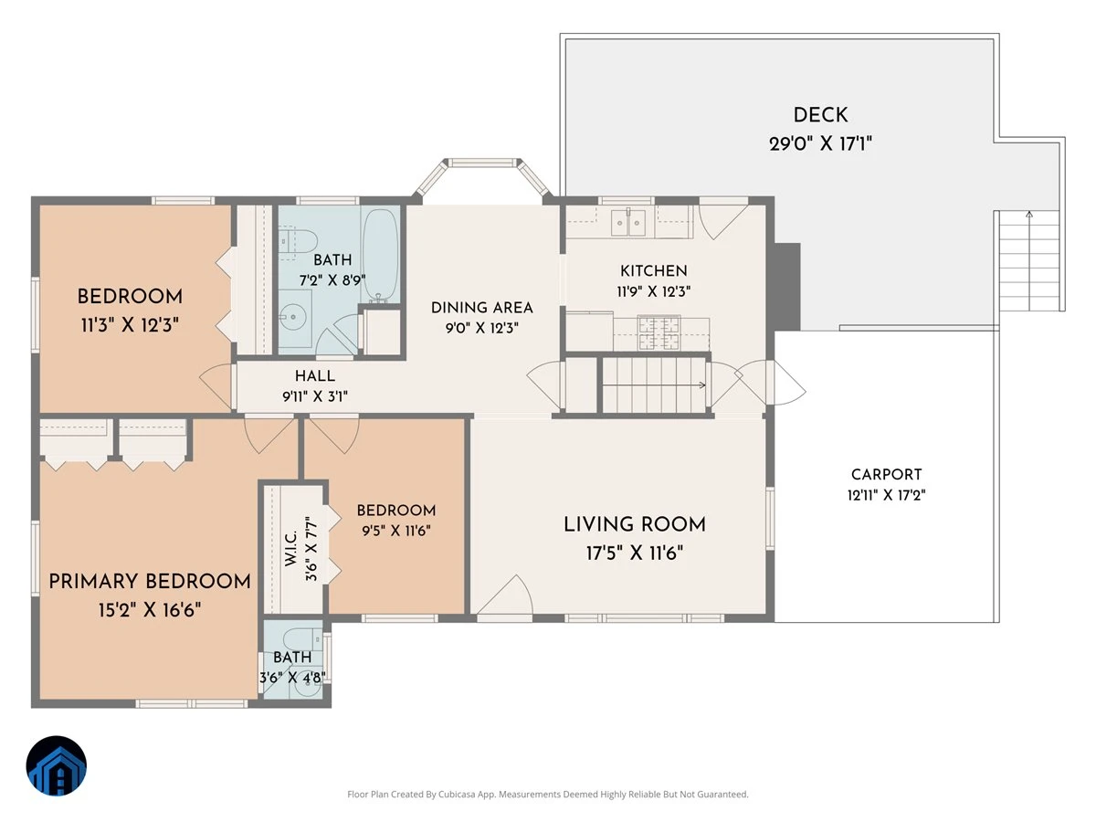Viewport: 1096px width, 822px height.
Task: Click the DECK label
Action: (820, 115)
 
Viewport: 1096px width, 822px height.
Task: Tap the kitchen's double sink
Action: (628, 222)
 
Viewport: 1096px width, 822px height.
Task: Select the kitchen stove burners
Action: (659, 332)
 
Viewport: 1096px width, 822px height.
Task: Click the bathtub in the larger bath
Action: (380, 256)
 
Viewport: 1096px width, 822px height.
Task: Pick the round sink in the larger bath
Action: (295, 316)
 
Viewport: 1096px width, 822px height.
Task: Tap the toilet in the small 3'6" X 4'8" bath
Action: (302, 638)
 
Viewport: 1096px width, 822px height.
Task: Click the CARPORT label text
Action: (886, 474)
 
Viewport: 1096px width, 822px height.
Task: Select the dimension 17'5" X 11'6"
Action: (635, 553)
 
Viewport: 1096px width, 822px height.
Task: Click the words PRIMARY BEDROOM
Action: (150, 582)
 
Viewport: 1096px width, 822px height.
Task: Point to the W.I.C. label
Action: (291, 549)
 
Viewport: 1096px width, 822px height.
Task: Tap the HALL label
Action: (315, 375)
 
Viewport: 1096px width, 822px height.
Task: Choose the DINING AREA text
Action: (482, 308)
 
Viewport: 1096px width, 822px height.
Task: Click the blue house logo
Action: (57, 765)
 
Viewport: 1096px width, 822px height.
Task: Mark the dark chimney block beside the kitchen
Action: (787, 287)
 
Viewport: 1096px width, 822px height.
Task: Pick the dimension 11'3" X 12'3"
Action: (130, 325)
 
